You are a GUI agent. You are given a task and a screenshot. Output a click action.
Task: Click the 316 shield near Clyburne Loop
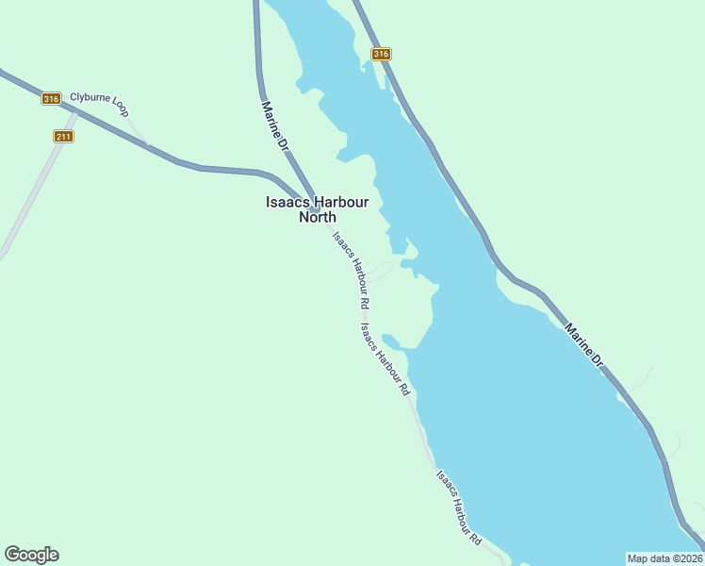point(51,98)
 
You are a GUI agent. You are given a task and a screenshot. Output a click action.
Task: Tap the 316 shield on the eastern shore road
point(381,54)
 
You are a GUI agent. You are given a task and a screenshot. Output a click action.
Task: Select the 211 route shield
point(63,137)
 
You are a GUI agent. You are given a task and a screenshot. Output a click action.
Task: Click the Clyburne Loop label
point(98,98)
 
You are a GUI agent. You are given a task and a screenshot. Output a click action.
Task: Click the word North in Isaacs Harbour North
point(317,217)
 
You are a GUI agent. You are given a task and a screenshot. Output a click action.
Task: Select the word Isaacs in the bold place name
point(287,201)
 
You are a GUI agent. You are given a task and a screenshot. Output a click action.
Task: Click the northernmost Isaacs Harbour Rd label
point(350,271)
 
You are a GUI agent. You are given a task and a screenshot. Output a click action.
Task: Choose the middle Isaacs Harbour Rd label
point(385,359)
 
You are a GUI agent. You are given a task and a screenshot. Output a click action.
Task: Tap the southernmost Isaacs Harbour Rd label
point(459,508)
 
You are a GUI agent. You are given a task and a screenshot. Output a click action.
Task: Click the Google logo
point(31,555)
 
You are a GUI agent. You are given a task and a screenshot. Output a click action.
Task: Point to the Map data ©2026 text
point(664,558)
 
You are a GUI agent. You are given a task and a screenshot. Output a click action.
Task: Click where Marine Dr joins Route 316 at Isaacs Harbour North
point(313,208)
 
